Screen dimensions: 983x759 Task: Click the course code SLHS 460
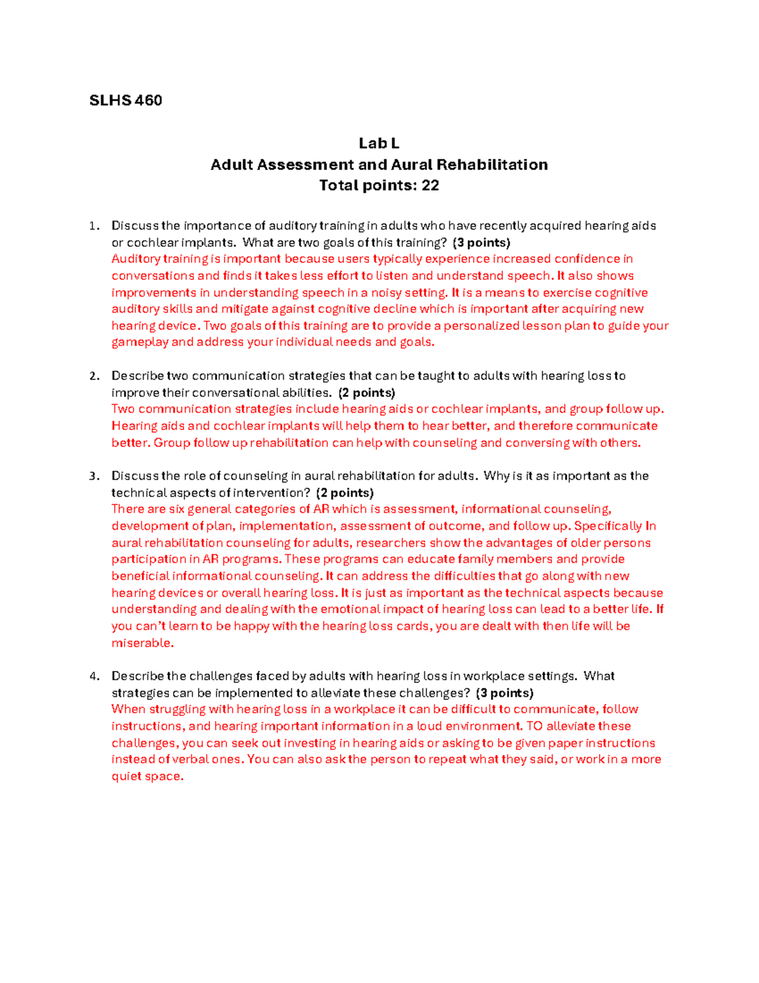pos(125,101)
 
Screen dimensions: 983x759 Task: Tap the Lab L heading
pos(379,144)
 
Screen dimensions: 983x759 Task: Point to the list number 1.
pos(94,226)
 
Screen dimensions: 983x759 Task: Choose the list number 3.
pos(94,476)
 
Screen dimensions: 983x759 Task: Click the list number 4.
pos(94,676)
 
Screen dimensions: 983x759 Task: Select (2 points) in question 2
pos(367,392)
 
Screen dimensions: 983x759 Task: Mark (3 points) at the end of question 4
pos(505,692)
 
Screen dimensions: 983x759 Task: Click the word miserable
pos(142,643)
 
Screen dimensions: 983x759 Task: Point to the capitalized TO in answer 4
pos(534,726)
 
